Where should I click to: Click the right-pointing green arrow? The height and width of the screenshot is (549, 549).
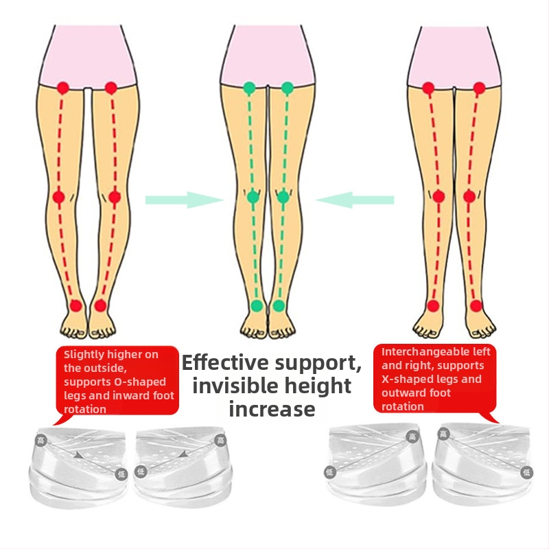tap(185, 200)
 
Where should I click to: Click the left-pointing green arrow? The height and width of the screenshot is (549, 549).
tap(355, 200)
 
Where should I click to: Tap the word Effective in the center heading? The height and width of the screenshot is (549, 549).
tap(225, 363)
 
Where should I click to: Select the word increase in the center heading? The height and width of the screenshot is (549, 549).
tap(272, 409)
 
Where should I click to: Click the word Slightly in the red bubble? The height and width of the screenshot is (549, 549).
tap(84, 355)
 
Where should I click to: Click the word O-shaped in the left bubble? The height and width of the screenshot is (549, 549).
tap(140, 382)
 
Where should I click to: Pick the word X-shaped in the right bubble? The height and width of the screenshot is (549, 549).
tap(402, 379)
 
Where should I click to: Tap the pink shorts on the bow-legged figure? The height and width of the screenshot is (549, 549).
tap(88, 56)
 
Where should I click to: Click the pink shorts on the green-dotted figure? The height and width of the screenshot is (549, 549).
tap(268, 56)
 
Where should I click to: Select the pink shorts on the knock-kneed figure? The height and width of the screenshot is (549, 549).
tap(454, 56)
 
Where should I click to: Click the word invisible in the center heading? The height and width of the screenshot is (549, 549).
tap(235, 386)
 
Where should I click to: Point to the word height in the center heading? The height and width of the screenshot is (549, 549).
tap(318, 386)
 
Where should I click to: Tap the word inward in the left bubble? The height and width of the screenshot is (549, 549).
tap(122, 396)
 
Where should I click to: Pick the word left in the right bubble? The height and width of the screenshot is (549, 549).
tap(482, 351)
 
